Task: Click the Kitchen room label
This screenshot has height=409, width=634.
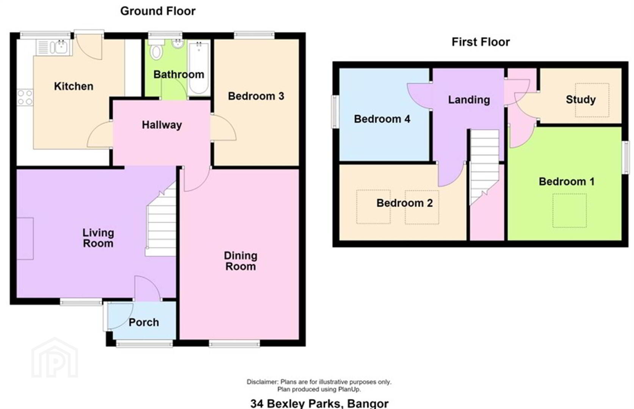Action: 74,86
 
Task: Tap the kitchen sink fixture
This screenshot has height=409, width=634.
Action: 54,47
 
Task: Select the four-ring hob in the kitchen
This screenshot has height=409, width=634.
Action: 25,98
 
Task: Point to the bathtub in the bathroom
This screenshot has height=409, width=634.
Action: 199,68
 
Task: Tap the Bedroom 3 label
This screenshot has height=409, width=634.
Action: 256,96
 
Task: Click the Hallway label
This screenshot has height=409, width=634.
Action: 162,125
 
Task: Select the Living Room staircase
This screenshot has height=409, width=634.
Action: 161,219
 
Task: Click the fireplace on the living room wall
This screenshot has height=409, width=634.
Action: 25,239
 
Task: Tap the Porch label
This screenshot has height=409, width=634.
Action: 144,322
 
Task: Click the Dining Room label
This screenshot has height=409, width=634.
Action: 241,261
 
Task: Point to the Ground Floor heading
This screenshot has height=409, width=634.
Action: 158,11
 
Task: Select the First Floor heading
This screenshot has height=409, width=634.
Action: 481,42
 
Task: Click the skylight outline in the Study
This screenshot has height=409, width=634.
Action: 592,100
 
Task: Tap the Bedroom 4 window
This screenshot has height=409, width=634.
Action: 335,111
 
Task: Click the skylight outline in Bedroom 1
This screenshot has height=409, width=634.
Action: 570,211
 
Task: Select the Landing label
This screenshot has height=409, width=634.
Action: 469,100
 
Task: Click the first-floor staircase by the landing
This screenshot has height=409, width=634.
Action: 484,167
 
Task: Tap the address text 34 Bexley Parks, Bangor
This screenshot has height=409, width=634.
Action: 319,403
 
